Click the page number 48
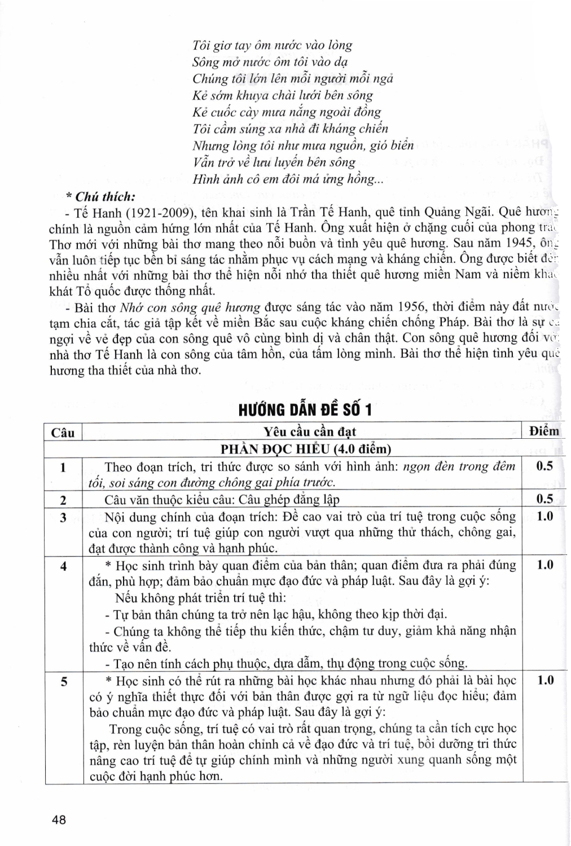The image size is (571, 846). coord(59,819)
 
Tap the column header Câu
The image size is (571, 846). coord(63,433)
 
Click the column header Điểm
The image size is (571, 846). coord(544,431)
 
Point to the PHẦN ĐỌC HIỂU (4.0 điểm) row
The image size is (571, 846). coord(305,449)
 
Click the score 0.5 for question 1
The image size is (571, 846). coord(544,466)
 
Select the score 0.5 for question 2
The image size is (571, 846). coord(544,499)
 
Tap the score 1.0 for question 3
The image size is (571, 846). coord(544,517)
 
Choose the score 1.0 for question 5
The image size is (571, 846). coord(544,680)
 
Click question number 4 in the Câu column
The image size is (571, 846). coord(63,566)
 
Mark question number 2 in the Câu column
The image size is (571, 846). coord(63,500)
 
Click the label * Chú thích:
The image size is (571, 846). coord(101,197)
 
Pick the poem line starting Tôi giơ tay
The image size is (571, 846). coord(272,45)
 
